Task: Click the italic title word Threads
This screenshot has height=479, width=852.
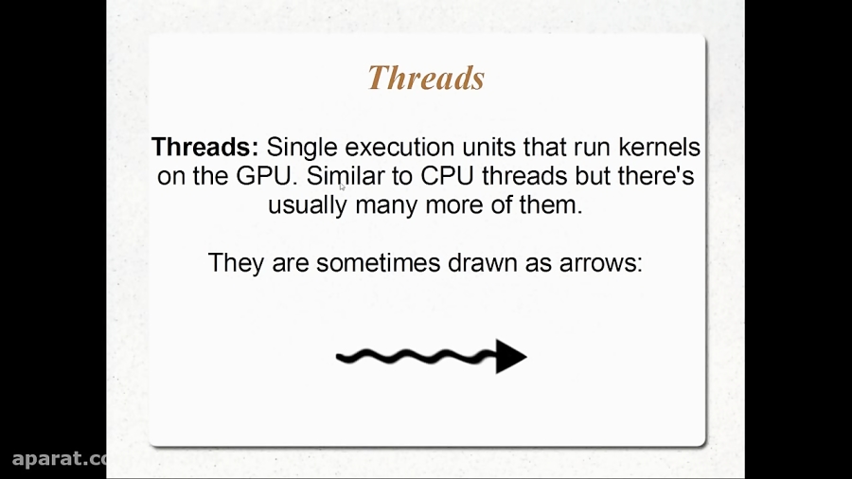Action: [x=426, y=78]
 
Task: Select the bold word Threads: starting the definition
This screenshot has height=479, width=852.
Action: [x=204, y=148]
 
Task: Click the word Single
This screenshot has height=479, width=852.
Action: [x=300, y=148]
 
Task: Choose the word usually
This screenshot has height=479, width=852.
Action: [x=308, y=205]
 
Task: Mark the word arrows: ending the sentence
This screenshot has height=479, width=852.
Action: [x=599, y=262]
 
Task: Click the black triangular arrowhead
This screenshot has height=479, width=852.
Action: [x=509, y=356]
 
